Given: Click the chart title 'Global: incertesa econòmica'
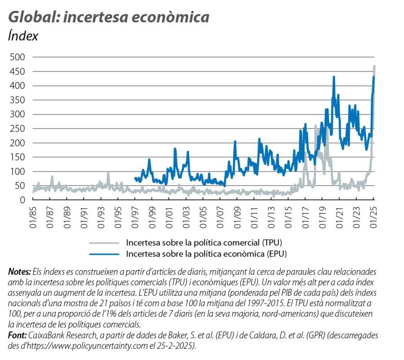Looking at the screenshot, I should point(109,17).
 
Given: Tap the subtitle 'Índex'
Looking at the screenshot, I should point(23,36).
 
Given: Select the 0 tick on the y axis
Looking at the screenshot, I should point(22,200).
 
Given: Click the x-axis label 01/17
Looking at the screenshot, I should point(305,216).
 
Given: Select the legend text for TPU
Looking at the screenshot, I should point(206,242).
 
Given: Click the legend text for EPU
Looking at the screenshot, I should point(206,253).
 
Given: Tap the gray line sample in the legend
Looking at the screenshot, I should point(105,242).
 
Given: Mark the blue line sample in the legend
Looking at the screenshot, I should point(105,253).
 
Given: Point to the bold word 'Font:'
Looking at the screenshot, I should point(18,335).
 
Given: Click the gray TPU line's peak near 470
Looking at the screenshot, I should point(374,66).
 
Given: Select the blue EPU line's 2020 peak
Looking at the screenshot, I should point(334,77).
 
